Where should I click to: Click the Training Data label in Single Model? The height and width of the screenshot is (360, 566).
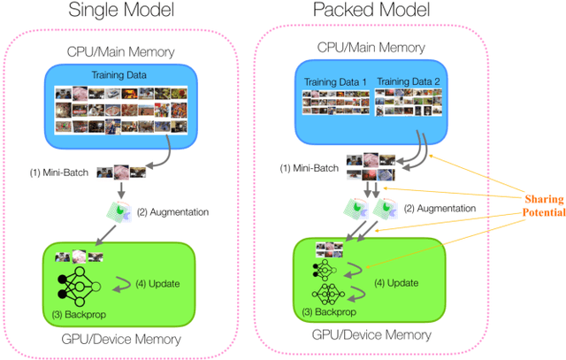point(119,76)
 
